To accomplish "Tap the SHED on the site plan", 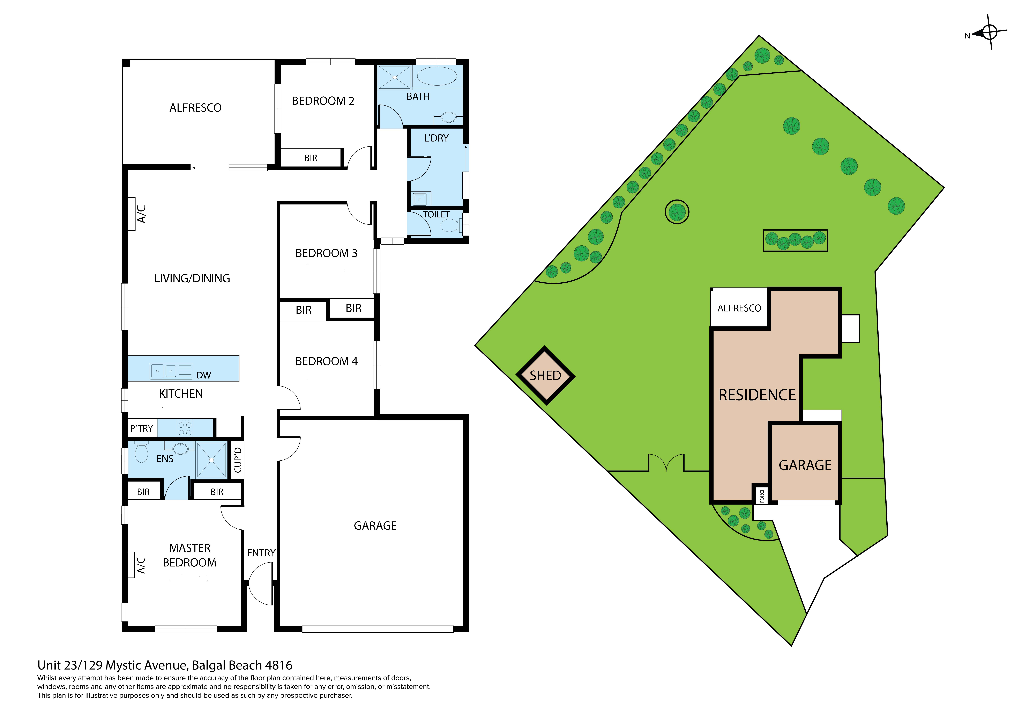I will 545,376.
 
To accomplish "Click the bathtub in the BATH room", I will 437,76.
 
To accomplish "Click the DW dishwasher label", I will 203,375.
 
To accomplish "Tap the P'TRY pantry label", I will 142,429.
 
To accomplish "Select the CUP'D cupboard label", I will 238,460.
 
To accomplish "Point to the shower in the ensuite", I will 211,460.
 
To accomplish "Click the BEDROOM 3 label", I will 326,253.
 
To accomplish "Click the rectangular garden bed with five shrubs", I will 795,241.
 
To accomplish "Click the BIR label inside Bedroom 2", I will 311,158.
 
